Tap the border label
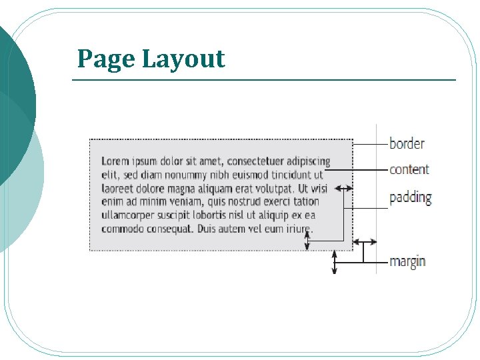pyautogui.click(x=407, y=143)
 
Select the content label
pyautogui.click(x=409, y=169)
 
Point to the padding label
pyautogui.click(x=411, y=198)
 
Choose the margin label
pyautogui.click(x=407, y=261)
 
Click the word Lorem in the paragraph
pyautogui.click(x=115, y=161)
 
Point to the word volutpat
pyautogui.click(x=272, y=189)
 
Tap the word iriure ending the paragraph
pyautogui.click(x=297, y=229)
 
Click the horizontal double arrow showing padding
pyautogui.click(x=343, y=189)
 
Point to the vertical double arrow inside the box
pyautogui.click(x=307, y=239)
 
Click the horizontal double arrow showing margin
pyautogui.click(x=365, y=241)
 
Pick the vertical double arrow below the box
pyautogui.click(x=335, y=263)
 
